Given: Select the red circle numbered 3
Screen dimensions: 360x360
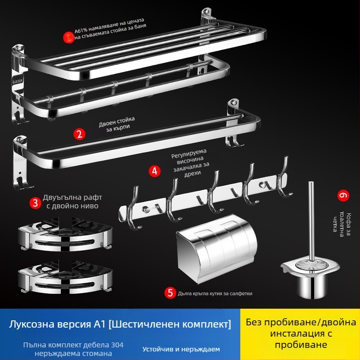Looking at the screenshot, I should pos(35,202).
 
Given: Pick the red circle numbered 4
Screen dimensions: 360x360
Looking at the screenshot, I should pos(155,171).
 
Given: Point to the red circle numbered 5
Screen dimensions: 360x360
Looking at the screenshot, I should pos(170,293).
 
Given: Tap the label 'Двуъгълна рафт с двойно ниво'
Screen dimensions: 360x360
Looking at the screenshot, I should pos(71,202).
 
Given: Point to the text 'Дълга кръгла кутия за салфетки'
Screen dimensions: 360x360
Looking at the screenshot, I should pos(215,293).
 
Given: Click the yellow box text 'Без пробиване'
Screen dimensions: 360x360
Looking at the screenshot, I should pos(300,323).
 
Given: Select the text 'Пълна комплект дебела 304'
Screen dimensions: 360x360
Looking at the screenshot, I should pos(73,345).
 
